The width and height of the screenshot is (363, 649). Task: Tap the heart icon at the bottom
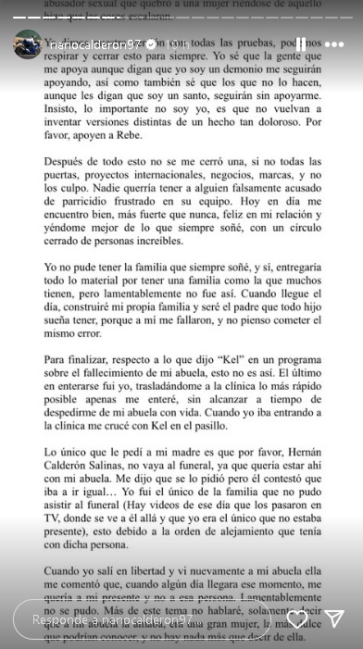297,618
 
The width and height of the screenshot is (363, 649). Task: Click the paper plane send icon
334,618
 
